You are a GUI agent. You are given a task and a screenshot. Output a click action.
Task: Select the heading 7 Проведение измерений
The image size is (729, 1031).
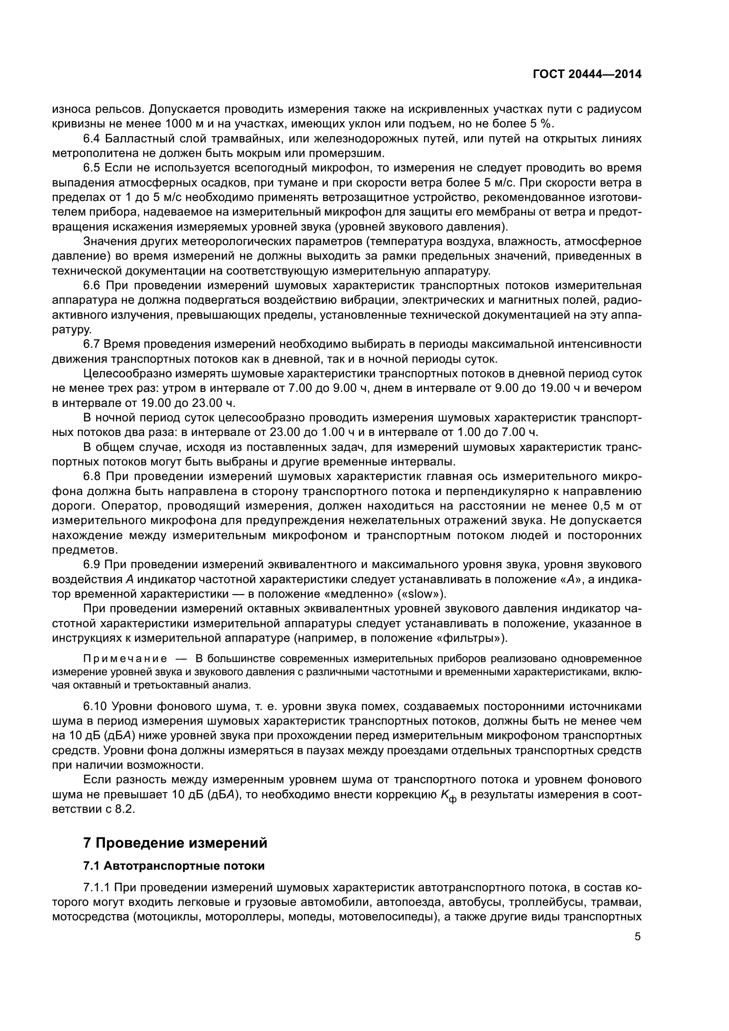[x=175, y=843]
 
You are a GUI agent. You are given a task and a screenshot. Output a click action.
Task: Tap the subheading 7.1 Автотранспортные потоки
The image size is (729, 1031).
[x=174, y=866]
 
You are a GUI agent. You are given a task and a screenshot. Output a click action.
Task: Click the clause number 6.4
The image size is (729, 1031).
[x=93, y=139]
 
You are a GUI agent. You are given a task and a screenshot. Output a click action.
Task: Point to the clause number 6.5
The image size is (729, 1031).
[x=93, y=168]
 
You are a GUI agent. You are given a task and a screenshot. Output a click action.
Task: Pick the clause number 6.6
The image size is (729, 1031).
[x=93, y=286]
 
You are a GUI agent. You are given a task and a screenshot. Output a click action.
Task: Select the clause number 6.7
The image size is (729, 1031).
[x=92, y=344]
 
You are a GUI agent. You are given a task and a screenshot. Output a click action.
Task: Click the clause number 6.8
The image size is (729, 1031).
[x=93, y=476]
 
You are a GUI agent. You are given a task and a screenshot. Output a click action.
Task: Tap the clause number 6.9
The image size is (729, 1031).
[x=93, y=565]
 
